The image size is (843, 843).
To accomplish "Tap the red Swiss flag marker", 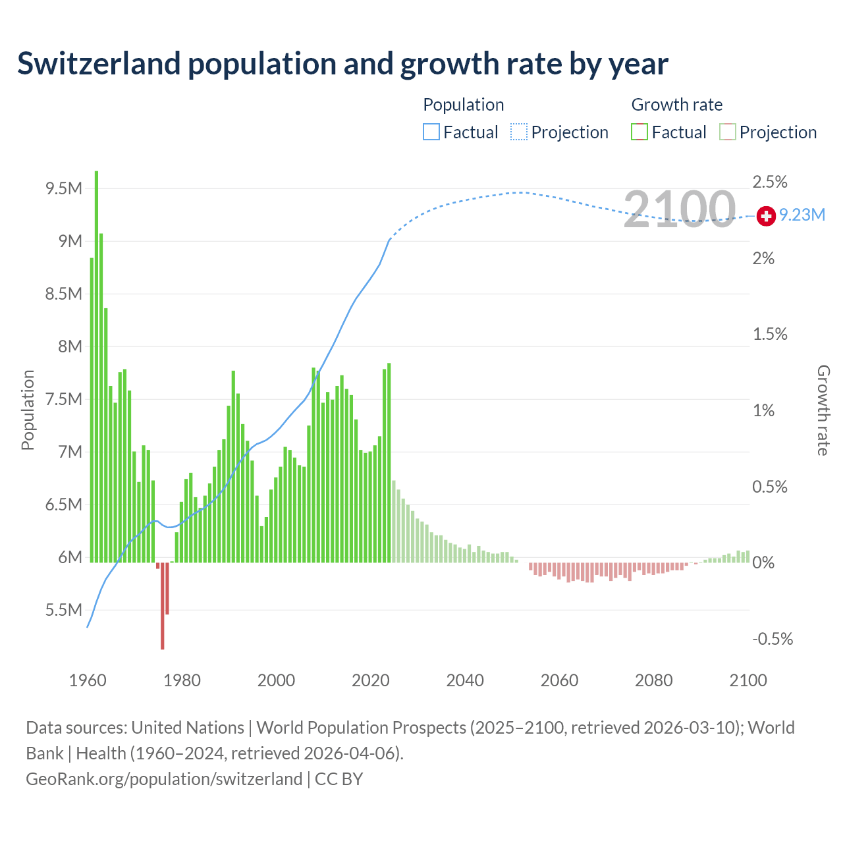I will click(x=766, y=216).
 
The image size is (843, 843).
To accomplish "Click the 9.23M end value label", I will click(x=802, y=215).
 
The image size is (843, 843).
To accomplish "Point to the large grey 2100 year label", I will click(x=679, y=209).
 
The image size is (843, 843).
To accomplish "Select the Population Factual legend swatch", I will click(x=431, y=132).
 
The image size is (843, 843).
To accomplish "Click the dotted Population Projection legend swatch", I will click(x=519, y=132).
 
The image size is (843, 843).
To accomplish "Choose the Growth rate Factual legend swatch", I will click(x=639, y=132).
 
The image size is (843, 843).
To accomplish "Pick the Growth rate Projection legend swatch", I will click(x=727, y=132).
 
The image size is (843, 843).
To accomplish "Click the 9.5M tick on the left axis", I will click(x=64, y=189).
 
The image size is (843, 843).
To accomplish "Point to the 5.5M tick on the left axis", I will click(x=64, y=611).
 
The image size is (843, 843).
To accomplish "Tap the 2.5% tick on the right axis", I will click(x=770, y=182).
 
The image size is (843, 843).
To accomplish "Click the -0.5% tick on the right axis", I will click(x=773, y=639).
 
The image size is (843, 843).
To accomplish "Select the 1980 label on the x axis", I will click(x=182, y=680).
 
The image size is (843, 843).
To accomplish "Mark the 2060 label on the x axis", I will click(x=559, y=680).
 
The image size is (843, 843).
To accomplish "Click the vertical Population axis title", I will click(x=28, y=410).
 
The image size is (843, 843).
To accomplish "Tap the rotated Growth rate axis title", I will click(x=823, y=410).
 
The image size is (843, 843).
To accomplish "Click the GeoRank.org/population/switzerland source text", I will click(x=164, y=779).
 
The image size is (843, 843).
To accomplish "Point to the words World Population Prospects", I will click(x=362, y=728).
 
